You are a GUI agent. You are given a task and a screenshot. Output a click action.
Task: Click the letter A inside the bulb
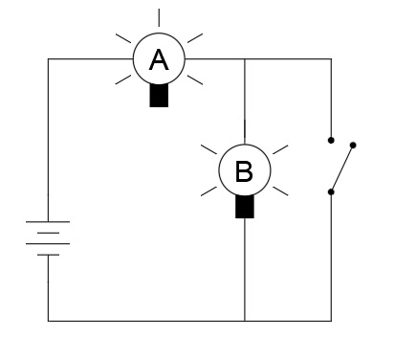(159, 60)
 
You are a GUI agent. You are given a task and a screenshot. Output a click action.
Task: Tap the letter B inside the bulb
(244, 172)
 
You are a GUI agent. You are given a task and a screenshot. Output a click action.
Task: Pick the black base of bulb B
(245, 207)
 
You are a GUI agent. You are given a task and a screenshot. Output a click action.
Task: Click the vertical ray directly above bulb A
(159, 17)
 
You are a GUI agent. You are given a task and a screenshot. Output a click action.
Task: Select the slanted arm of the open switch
(342, 169)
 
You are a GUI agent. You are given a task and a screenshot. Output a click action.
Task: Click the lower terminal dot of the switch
(331, 191)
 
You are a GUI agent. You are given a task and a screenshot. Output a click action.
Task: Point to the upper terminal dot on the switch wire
(331, 140)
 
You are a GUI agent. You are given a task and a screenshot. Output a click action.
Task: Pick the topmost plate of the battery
(49, 222)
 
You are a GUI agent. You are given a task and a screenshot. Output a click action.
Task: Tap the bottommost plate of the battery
(49, 255)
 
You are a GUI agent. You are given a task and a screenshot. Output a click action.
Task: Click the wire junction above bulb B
(246, 59)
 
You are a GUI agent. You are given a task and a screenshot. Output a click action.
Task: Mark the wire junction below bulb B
(246, 321)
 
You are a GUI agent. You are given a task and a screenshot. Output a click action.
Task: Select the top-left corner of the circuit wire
(49, 59)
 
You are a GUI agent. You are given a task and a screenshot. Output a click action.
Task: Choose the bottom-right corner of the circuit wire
(331, 321)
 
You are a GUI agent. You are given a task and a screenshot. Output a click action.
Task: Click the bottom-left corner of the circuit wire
(49, 321)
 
